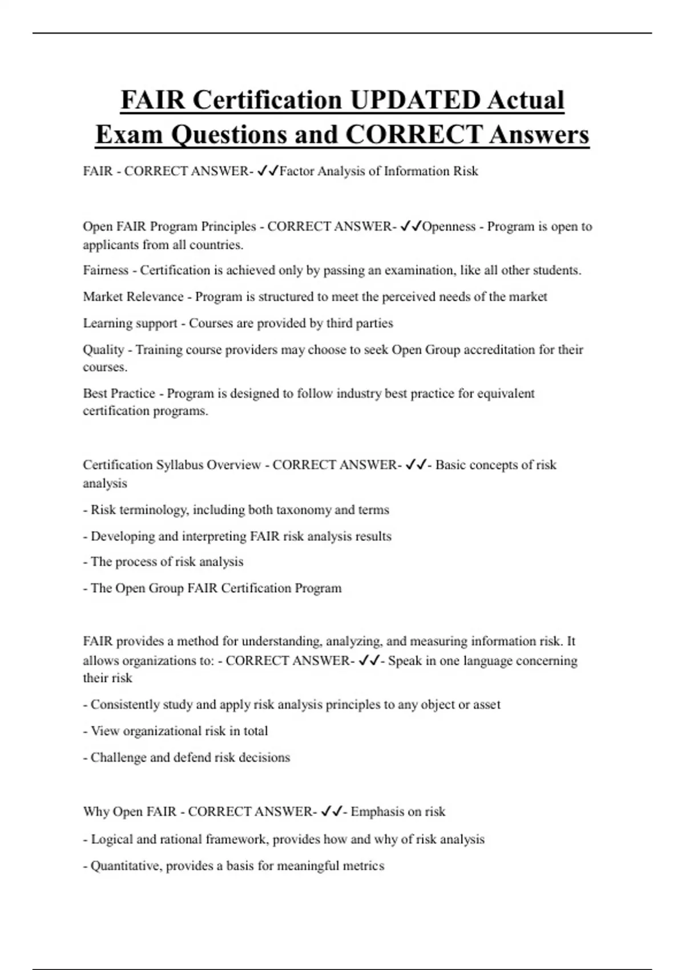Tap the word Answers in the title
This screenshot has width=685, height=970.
point(539,135)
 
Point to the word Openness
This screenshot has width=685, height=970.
point(449,227)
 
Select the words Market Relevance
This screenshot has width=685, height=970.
point(133,297)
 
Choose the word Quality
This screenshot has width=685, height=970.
point(103,349)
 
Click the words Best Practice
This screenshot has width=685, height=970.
point(119,393)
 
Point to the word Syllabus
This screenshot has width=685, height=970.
point(179,465)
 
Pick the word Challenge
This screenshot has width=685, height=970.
point(118,758)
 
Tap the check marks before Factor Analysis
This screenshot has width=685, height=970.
point(268,171)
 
